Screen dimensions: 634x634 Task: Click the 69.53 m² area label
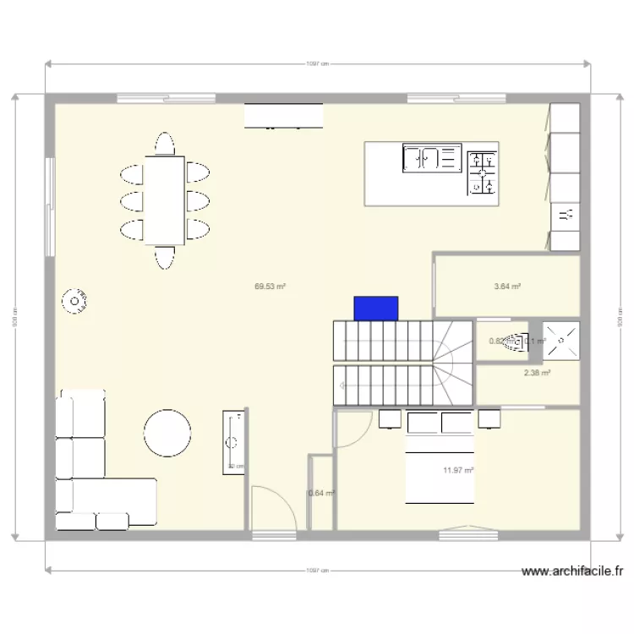[x=270, y=287]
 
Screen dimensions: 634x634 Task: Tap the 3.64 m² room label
[x=507, y=287]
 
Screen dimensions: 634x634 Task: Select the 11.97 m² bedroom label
[x=458, y=471]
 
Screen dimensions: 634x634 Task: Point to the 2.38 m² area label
[x=537, y=373]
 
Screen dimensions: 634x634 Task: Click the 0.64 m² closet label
[x=321, y=494]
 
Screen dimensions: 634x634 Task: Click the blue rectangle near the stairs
[x=376, y=309]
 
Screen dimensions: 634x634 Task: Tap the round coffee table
[x=167, y=433]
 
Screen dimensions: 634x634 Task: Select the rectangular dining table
[x=165, y=199]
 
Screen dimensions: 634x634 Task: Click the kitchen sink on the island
[x=430, y=158]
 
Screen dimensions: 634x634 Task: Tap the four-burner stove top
[x=482, y=172]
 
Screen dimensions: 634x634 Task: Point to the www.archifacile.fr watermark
[x=572, y=572]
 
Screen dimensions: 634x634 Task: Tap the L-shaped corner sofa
[x=93, y=473]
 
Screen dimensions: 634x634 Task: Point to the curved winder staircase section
[x=453, y=359]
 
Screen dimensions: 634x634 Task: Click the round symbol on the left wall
[x=75, y=302]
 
